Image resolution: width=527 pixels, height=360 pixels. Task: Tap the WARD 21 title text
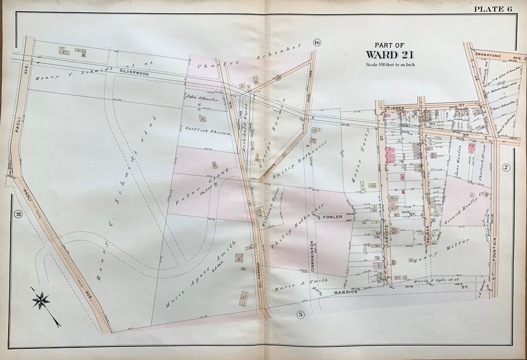[390, 54]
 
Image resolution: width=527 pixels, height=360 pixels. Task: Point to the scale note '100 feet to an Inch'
[390, 65]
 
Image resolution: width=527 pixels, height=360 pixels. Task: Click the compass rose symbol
[42, 300]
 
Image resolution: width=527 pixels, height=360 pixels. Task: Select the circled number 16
[317, 42]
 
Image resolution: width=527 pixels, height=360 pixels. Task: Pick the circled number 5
[301, 315]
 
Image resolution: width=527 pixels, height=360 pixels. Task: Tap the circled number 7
[507, 168]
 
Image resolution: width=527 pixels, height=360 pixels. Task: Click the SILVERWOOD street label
[134, 71]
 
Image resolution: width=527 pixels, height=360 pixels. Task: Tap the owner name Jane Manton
[458, 164]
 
